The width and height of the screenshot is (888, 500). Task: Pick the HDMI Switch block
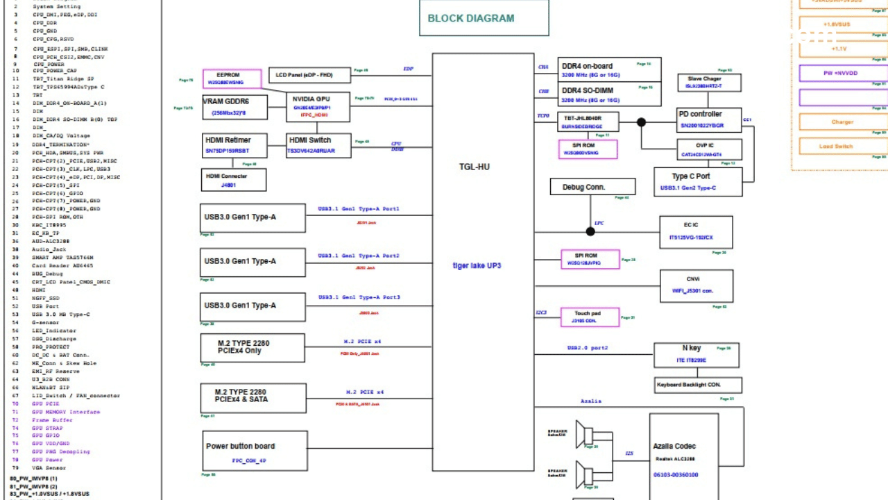coord(318,145)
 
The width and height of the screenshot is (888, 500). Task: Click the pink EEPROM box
coord(232,78)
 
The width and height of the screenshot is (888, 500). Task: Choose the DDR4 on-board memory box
coord(609,69)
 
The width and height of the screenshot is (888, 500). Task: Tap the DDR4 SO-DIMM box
coord(609,94)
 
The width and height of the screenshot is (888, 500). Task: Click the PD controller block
coord(709,119)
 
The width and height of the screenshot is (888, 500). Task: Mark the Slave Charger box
coord(709,83)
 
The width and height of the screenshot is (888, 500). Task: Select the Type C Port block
coord(697,182)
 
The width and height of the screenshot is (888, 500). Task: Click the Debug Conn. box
coord(592,187)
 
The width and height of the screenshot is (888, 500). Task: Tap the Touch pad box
coord(590,317)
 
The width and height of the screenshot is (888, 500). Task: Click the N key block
coord(697,355)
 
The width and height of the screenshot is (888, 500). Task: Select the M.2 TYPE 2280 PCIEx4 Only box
coord(253,348)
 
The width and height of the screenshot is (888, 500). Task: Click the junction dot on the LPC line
coord(590,231)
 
